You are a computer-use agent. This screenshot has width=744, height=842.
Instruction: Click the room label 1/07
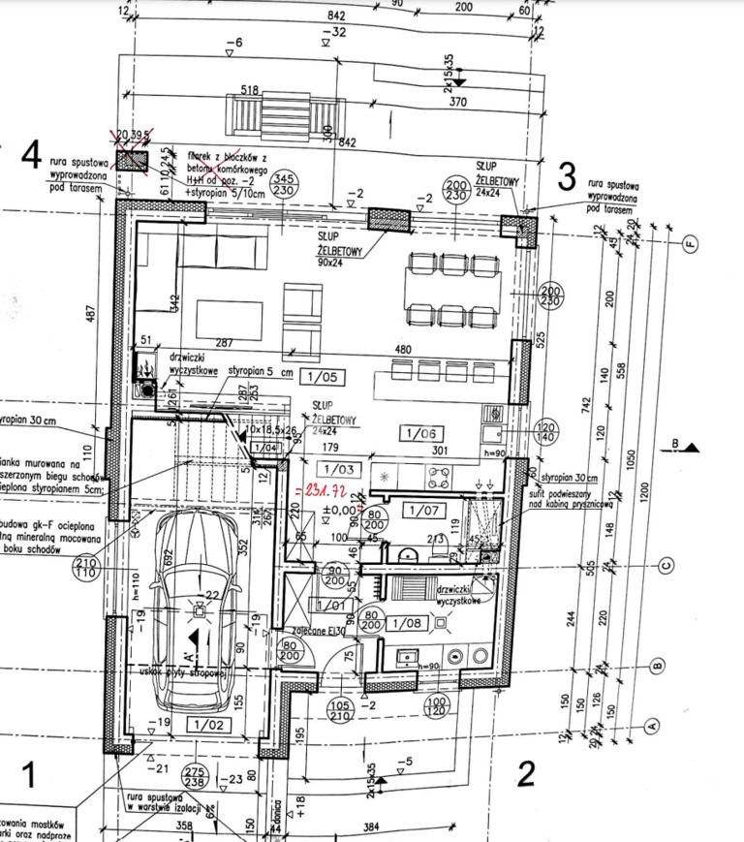pyautogui.click(x=420, y=508)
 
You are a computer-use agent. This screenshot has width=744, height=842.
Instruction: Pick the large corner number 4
pyautogui.click(x=32, y=154)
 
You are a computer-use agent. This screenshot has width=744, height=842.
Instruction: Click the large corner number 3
pyautogui.click(x=568, y=176)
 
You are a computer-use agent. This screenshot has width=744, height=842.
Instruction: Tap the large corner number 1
pyautogui.click(x=28, y=774)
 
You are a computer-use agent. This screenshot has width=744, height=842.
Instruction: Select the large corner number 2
pyautogui.click(x=526, y=773)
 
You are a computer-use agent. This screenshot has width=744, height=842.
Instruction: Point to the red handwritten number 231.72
pyautogui.click(x=330, y=491)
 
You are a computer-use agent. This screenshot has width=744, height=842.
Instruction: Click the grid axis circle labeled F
pyautogui.click(x=690, y=242)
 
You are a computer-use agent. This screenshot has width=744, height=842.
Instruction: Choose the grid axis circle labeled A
pyautogui.click(x=652, y=724)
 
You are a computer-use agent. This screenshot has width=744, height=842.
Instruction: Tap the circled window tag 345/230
pyautogui.click(x=283, y=185)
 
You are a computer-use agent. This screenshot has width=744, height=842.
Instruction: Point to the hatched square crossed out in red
pyautogui.click(x=132, y=160)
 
